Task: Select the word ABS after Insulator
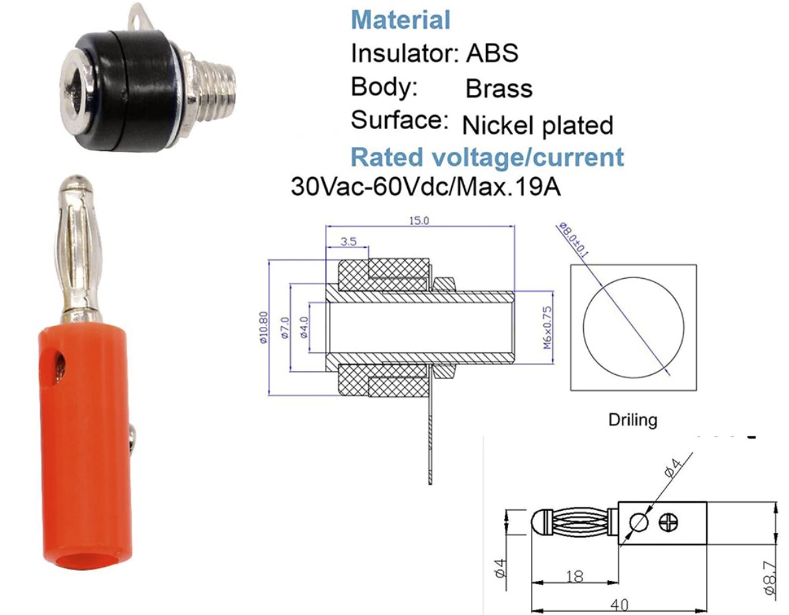[x=491, y=53]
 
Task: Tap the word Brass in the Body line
[x=499, y=89]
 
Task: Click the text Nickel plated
[x=537, y=125]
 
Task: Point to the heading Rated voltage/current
[x=487, y=158]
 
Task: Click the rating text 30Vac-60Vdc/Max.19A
[x=425, y=187]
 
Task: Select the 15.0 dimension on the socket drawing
[x=419, y=221]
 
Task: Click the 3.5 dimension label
[x=348, y=242]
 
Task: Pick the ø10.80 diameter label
[x=263, y=328]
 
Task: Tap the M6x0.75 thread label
[x=547, y=328]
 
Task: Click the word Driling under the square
[x=633, y=420]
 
